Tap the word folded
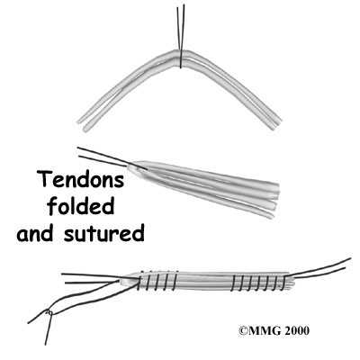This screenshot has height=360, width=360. [x=81, y=206]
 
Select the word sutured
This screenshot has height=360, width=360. [x=103, y=233]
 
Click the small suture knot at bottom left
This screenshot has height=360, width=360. [x=49, y=312]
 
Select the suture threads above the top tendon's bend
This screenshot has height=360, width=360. [x=181, y=27]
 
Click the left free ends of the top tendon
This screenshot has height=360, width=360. [x=84, y=124]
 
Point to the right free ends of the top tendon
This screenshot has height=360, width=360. [x=275, y=122]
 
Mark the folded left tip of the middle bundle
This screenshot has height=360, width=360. [x=133, y=166]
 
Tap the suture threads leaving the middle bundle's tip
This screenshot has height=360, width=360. [x=103, y=157]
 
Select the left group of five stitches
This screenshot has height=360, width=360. [x=157, y=281]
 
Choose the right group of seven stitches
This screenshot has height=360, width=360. [x=258, y=283]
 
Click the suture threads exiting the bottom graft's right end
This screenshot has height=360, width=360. [x=318, y=269]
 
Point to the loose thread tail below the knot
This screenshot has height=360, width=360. [x=48, y=329]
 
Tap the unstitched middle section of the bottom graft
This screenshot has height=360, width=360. [x=205, y=282]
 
